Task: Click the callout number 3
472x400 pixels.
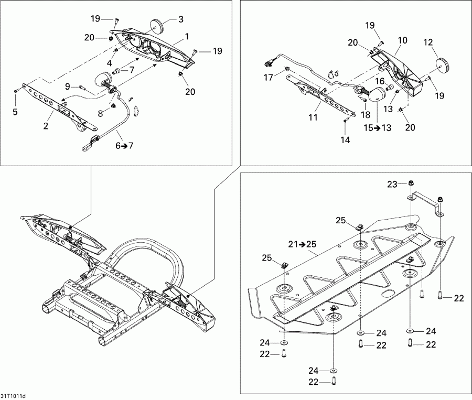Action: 180,19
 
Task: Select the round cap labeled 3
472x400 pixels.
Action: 158,26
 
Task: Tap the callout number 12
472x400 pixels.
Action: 428,42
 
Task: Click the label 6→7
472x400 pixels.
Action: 124,146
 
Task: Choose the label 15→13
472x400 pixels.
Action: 378,127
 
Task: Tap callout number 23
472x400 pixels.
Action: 392,184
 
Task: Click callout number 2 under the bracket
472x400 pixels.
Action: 46,126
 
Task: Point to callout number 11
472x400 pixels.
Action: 313,117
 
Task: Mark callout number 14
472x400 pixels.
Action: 345,139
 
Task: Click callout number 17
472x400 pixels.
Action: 269,78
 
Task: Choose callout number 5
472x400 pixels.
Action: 15,112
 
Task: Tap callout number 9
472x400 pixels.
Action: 68,87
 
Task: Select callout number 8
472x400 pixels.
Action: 100,113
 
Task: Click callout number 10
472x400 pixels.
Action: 402,40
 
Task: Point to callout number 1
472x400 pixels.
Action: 187,37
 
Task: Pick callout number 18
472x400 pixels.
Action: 366,114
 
